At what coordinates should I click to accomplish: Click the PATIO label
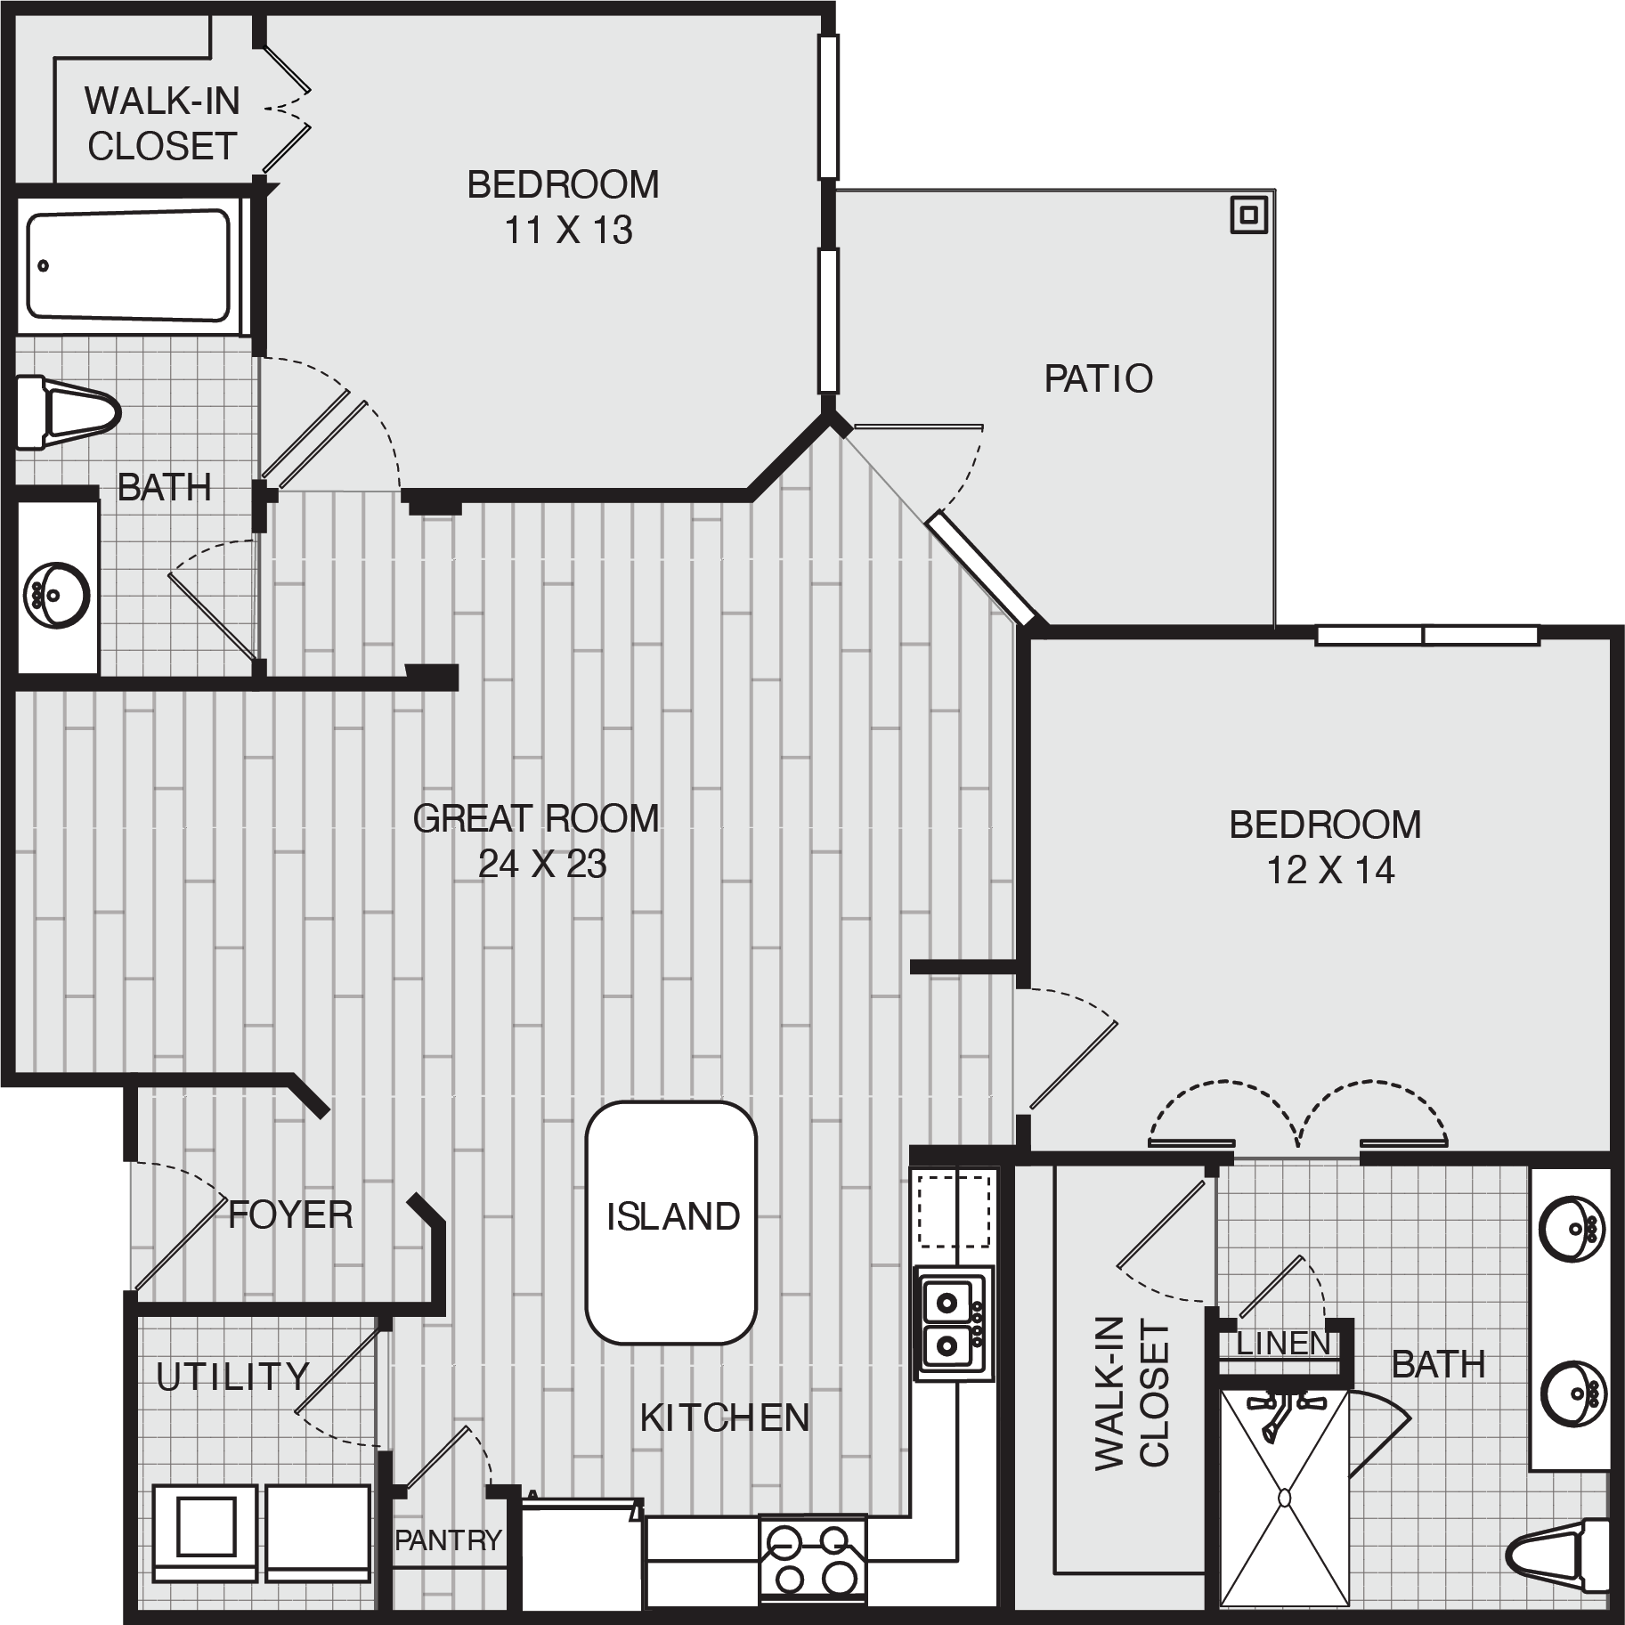point(1098,378)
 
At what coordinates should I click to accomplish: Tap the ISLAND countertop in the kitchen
point(671,1223)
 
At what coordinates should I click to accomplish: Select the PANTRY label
point(448,1540)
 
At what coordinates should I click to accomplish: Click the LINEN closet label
point(1283,1344)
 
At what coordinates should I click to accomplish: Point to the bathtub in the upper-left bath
point(128,264)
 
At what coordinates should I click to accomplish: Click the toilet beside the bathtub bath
point(67,415)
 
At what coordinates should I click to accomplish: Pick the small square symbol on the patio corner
point(1249,215)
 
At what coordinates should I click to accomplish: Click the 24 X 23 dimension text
point(542,864)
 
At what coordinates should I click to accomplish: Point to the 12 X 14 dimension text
point(1330,870)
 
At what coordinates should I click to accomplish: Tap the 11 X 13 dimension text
point(568,230)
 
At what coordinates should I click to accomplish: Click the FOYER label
point(290,1215)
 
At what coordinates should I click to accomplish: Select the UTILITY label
point(232,1377)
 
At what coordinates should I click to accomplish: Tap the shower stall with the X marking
point(1283,1499)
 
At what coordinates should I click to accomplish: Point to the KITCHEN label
point(725,1418)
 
